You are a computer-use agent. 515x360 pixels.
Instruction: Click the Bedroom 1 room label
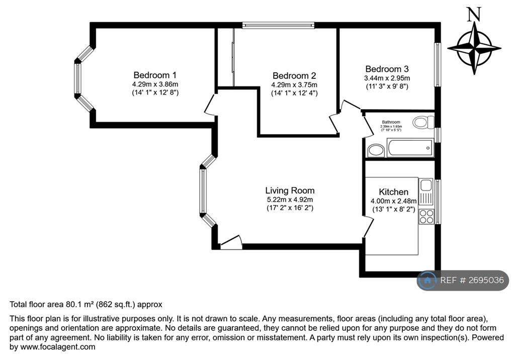coord(154,75)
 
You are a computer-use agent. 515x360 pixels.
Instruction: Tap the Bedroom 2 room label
coord(294,76)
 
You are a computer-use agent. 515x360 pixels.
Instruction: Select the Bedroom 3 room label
coord(387,69)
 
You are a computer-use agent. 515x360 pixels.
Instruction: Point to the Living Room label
coord(290,191)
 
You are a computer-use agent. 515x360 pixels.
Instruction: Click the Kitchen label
coord(393,192)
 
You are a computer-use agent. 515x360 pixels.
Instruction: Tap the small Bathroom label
coord(391,122)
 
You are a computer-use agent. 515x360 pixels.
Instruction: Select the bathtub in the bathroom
coord(410,148)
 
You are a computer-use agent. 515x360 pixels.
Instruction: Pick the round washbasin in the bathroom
coord(375,150)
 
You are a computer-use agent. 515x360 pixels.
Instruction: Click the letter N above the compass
coord(473,15)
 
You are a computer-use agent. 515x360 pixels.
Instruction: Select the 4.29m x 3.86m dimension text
coord(154,84)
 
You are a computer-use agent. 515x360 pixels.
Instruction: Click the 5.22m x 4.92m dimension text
coord(290,200)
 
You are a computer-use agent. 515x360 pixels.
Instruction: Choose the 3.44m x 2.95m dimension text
coord(387,78)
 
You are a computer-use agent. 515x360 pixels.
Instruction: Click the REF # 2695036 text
coord(472,281)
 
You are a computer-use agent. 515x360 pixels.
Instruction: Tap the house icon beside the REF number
coord(427,281)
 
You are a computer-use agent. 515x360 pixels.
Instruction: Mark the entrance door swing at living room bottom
coord(231,243)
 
